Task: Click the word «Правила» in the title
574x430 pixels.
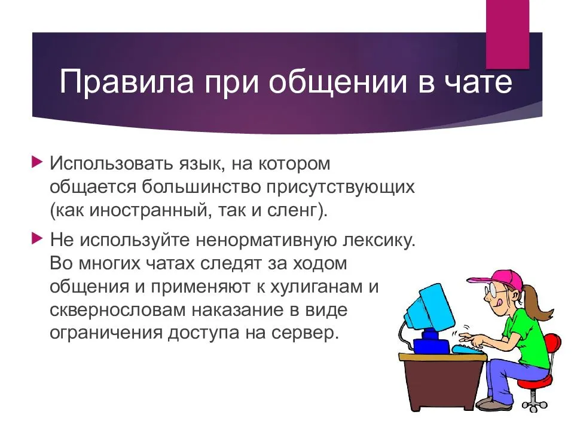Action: (x=126, y=82)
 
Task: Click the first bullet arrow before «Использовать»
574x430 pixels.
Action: (x=37, y=161)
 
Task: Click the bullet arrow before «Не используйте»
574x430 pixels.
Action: (x=37, y=238)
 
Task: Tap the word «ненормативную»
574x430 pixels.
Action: (x=265, y=240)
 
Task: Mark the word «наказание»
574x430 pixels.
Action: (x=238, y=311)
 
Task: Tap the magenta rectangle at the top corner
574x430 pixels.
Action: (x=508, y=35)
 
